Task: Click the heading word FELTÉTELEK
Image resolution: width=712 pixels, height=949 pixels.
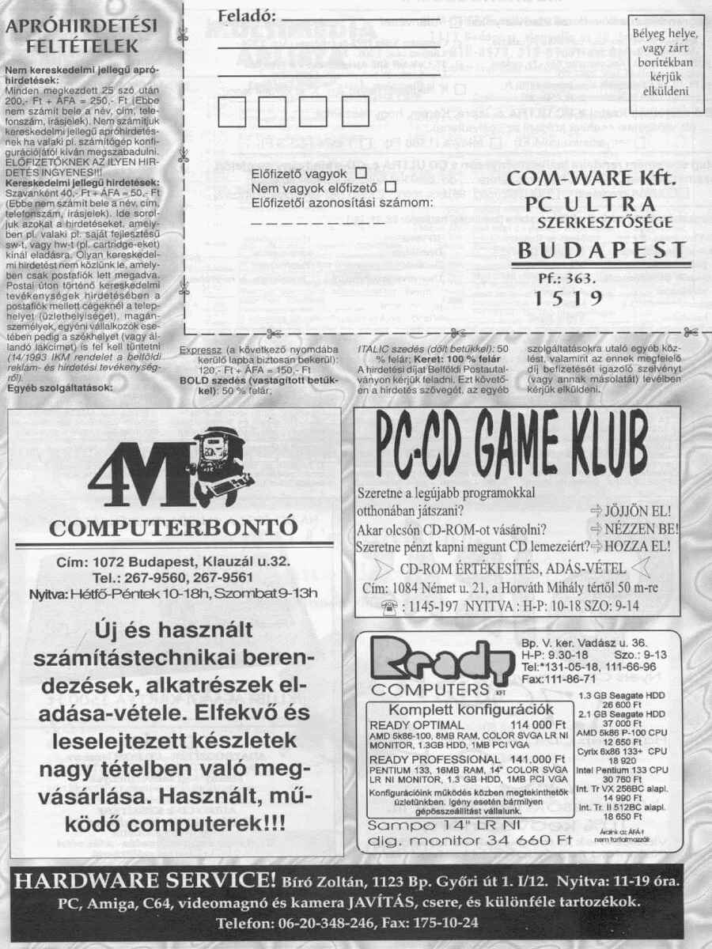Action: click(x=82, y=46)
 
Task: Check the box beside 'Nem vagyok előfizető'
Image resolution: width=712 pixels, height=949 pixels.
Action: click(x=388, y=187)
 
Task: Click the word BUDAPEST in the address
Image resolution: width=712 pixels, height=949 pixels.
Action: click(x=600, y=252)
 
